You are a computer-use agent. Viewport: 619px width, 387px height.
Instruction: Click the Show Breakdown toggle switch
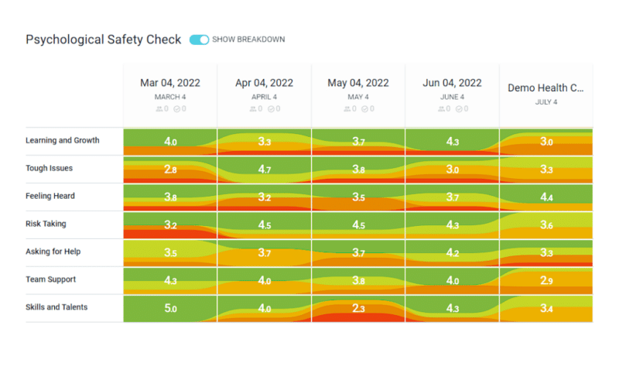click(199, 39)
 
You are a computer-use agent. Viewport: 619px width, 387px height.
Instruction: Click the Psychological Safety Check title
click(104, 39)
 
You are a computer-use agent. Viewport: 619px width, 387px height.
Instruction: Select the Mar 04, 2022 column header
click(169, 83)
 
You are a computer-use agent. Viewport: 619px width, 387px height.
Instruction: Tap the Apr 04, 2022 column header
click(264, 83)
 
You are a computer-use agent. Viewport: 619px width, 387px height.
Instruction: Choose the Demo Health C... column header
click(545, 88)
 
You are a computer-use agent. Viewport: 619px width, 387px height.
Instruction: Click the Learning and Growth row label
click(63, 140)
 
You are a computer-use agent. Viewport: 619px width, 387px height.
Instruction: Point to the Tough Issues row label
click(50, 168)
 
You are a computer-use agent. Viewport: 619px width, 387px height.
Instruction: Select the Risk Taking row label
click(46, 224)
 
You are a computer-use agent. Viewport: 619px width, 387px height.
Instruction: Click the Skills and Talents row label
click(56, 307)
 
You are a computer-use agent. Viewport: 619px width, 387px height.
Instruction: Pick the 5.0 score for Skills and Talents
click(170, 309)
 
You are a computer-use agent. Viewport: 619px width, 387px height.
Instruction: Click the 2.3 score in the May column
click(357, 309)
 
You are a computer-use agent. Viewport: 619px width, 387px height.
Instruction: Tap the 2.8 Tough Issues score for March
click(170, 170)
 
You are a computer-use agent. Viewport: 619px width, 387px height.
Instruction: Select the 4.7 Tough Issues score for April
click(264, 170)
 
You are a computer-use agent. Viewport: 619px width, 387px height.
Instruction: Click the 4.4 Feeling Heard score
click(545, 197)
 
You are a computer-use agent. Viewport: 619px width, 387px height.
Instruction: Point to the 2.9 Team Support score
click(545, 281)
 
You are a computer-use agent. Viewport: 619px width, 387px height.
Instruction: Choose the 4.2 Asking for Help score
click(452, 253)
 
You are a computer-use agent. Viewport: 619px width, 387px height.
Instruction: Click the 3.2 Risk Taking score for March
click(170, 225)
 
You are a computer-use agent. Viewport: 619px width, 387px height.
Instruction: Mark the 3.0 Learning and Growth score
click(545, 142)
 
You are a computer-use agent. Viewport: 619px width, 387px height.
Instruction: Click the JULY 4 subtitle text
click(545, 102)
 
